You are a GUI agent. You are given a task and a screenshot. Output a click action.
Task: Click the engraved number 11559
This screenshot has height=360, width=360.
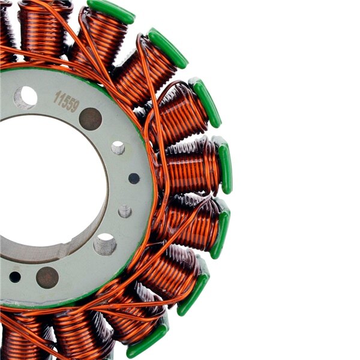(67, 101)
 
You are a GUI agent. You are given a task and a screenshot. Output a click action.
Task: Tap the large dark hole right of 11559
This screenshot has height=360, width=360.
(91, 119)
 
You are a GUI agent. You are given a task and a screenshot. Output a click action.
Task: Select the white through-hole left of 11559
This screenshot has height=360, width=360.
(25, 98)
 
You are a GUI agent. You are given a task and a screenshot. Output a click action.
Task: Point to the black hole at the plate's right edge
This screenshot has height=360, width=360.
(134, 178)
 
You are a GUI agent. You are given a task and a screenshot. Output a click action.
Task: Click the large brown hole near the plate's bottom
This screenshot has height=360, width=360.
(47, 278)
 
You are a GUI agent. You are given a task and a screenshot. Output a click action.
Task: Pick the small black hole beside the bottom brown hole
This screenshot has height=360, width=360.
(15, 277)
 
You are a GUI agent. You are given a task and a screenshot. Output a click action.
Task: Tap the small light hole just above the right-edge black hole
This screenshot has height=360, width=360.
(118, 148)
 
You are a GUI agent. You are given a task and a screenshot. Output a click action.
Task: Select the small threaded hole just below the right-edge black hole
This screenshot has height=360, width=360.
(125, 211)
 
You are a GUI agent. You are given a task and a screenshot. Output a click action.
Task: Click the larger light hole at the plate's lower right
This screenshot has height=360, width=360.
(105, 244)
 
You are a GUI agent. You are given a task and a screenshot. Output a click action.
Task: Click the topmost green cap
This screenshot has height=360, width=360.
(111, 11)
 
